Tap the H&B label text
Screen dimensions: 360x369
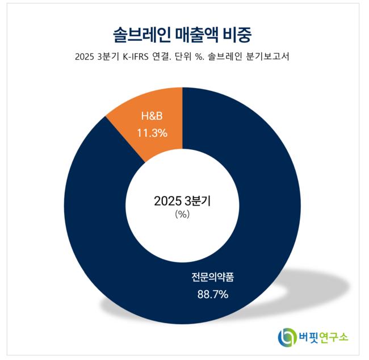(x=152, y=117)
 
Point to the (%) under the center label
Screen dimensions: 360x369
(x=182, y=215)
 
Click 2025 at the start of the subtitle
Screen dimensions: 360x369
(x=85, y=57)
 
